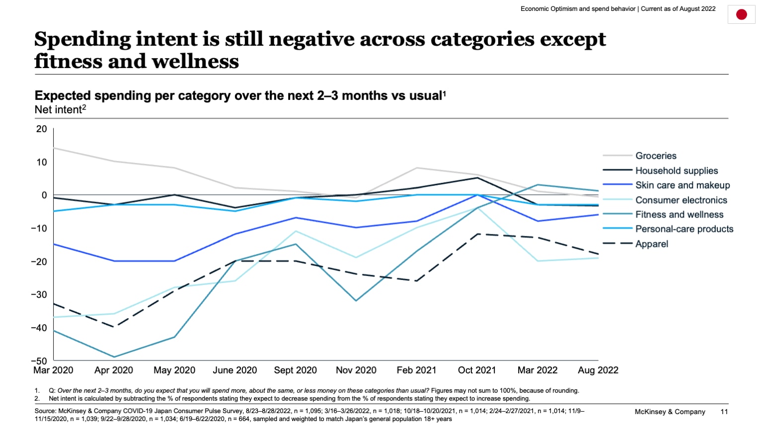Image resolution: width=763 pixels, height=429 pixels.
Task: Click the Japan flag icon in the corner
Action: point(741,14)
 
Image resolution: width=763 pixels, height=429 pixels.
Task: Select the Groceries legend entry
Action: point(656,156)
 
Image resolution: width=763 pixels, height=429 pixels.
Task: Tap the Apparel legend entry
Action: point(651,244)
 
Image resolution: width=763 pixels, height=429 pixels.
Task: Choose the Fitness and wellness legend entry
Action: point(679,214)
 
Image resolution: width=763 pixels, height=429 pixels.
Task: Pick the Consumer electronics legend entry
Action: point(681,200)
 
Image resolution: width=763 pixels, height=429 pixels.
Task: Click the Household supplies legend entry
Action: point(677,171)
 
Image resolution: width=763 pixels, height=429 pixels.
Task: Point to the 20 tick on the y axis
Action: point(42,129)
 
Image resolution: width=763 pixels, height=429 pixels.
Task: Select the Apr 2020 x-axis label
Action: point(114,370)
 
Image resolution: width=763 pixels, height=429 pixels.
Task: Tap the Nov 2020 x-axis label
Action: point(356,370)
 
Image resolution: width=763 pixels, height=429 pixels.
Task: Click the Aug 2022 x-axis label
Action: point(598,370)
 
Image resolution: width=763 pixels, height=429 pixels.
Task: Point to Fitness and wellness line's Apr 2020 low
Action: point(114,357)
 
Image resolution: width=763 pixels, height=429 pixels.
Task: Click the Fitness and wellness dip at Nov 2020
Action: point(356,301)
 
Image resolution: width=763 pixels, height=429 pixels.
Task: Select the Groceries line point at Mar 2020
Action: point(54,148)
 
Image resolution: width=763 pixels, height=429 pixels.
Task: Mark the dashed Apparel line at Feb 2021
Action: point(416,281)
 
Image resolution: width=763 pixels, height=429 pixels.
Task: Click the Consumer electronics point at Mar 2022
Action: point(537,261)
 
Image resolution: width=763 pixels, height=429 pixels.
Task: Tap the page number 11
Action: point(724,412)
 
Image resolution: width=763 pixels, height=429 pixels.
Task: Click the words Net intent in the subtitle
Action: point(58,110)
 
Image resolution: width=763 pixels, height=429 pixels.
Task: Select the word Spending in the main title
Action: point(82,39)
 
